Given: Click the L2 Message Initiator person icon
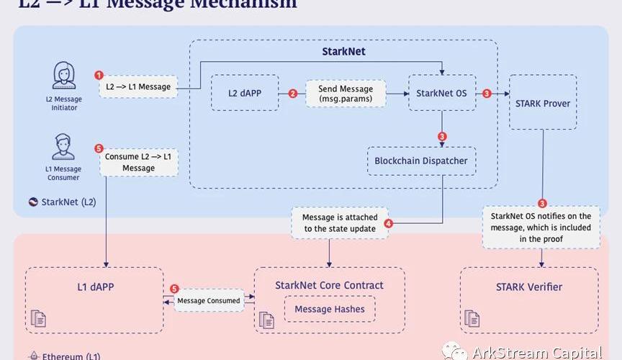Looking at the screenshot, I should [64, 76].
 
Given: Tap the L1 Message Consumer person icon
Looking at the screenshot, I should [63, 147].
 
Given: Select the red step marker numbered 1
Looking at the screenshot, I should [99, 75].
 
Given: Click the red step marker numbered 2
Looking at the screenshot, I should [292, 93].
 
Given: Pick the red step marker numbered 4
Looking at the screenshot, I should [389, 223].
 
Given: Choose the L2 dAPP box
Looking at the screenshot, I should [245, 92].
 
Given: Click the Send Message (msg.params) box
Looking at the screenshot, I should [346, 93].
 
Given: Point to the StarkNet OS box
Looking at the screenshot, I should [442, 93].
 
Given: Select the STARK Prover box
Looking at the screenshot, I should [543, 103].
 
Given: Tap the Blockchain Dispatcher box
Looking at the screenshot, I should [421, 161].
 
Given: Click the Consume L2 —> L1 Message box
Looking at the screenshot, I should [138, 162].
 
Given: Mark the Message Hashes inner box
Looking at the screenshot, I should [329, 310].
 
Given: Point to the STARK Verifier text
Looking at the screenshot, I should [529, 287].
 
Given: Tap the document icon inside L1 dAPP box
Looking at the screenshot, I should [37, 318].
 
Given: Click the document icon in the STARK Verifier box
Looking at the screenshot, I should [472, 318].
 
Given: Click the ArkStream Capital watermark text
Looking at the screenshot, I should [536, 353].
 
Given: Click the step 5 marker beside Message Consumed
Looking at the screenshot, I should [174, 289].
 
